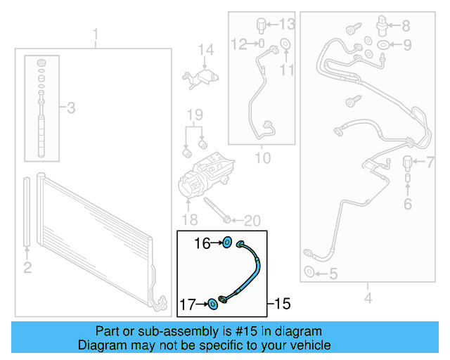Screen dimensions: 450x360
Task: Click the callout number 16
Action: pyautogui.click(x=202, y=243)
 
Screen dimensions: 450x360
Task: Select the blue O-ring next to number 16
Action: pyautogui.click(x=227, y=243)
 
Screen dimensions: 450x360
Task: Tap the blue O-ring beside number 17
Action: pyautogui.click(x=212, y=304)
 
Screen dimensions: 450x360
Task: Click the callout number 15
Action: pyautogui.click(x=283, y=304)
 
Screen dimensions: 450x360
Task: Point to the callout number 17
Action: pyautogui.click(x=188, y=304)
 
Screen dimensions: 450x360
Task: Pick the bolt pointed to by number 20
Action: pyautogui.click(x=217, y=210)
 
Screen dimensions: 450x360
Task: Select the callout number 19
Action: pyautogui.click(x=195, y=115)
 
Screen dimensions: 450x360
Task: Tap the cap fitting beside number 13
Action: pyautogui.click(x=261, y=25)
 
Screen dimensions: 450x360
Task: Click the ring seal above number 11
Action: pyautogui.click(x=285, y=44)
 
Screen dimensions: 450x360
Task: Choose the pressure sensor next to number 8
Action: pyautogui.click(x=382, y=26)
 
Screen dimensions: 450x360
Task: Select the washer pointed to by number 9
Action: pyautogui.click(x=382, y=44)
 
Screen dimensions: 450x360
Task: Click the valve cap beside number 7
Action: pyautogui.click(x=408, y=163)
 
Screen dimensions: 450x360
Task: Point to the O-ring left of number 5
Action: pyautogui.click(x=309, y=271)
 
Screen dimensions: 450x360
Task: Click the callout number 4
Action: pyautogui.click(x=368, y=297)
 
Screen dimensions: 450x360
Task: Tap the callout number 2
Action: pyautogui.click(x=27, y=268)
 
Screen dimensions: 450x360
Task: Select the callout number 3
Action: pyautogui.click(x=71, y=108)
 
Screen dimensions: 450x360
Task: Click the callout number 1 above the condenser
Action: pyautogui.click(x=96, y=34)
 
